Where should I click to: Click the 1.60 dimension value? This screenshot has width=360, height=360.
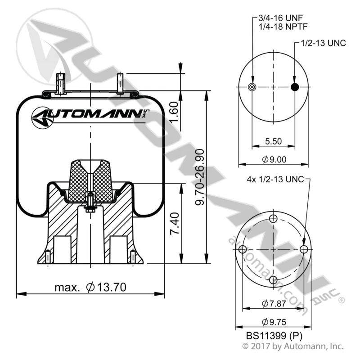[x=175, y=112]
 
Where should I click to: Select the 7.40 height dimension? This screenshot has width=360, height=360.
[x=175, y=223]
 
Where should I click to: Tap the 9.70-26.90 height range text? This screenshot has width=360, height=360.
[x=199, y=177]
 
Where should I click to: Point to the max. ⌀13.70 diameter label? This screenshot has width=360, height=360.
[x=90, y=287]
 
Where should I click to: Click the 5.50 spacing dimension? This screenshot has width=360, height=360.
[x=273, y=141]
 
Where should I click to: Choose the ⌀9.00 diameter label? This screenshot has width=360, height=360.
[x=274, y=159]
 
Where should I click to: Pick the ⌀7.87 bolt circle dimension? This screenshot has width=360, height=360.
[x=274, y=303]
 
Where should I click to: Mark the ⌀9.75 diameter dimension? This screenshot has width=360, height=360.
[x=274, y=322]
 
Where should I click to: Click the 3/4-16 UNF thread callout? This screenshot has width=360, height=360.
[x=280, y=18]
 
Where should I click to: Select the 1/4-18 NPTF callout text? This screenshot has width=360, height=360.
[x=283, y=27]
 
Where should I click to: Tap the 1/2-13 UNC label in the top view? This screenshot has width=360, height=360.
[x=324, y=43]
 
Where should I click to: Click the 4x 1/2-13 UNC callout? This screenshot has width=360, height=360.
[x=275, y=179]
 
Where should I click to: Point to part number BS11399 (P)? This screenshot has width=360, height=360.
[x=274, y=336]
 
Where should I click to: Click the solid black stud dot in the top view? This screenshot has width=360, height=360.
[x=295, y=87]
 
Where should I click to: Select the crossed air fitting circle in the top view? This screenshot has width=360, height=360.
[x=252, y=87]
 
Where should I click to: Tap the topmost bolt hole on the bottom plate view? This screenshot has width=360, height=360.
[x=273, y=218]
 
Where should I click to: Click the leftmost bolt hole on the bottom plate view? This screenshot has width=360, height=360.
[x=243, y=249]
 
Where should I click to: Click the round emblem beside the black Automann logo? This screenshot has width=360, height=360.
[x=42, y=117]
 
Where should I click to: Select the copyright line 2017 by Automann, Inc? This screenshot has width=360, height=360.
[x=293, y=346]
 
